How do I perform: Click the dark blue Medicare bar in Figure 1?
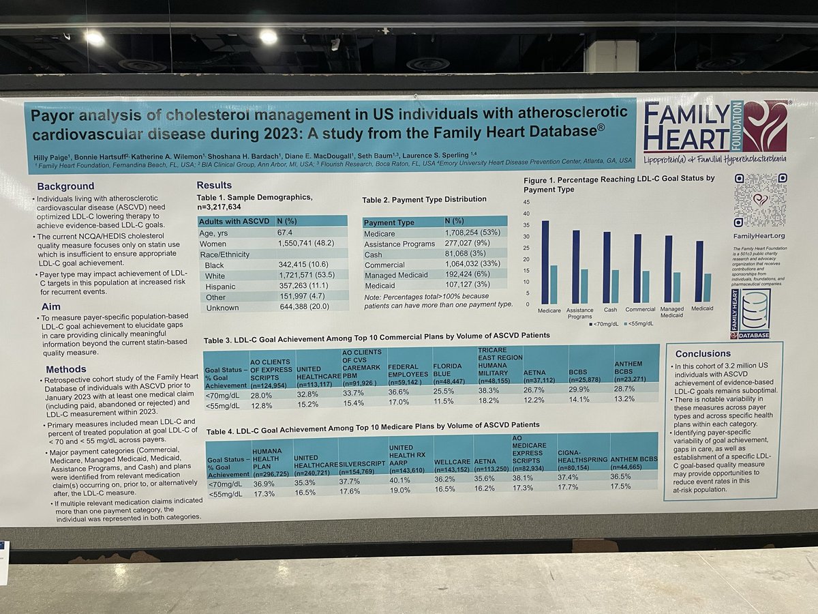(x=545, y=263)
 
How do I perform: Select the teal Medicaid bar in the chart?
(x=708, y=288)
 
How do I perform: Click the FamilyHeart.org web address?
(x=759, y=236)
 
